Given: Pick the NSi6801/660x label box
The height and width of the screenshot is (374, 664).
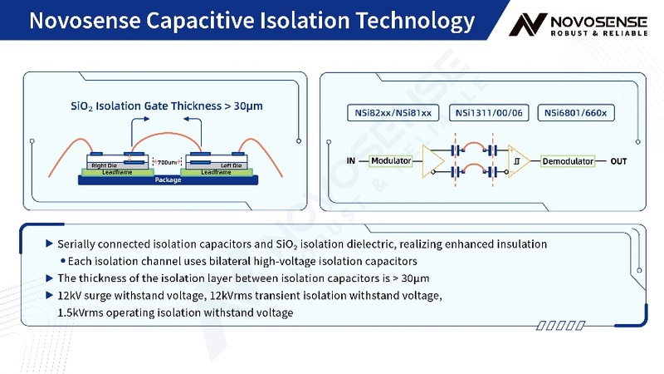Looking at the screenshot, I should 576,112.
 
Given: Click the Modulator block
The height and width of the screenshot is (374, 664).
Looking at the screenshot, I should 392,160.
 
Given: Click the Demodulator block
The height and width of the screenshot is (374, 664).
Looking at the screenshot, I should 568,160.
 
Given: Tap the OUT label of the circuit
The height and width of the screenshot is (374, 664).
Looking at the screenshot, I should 618,160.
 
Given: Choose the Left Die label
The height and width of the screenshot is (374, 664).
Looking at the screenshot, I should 219,165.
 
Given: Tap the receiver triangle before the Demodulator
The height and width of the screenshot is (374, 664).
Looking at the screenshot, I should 518,160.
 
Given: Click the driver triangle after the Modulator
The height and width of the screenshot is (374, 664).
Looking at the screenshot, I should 432,160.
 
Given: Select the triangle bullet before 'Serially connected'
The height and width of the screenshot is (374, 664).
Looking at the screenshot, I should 50,244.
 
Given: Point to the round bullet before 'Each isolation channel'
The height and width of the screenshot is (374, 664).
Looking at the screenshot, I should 62,261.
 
